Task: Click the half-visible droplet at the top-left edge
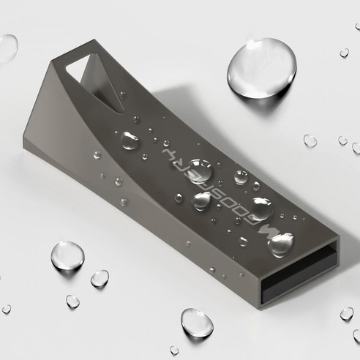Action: pyautogui.click(x=7, y=47)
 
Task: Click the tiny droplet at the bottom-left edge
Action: pyautogui.click(x=7, y=310)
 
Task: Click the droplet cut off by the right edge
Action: pyautogui.click(x=356, y=148)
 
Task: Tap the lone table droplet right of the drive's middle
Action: pyautogui.click(x=310, y=140)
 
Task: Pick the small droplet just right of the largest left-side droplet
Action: pyautogui.click(x=100, y=278)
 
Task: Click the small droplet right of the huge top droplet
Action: pyautogui.click(x=343, y=53)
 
